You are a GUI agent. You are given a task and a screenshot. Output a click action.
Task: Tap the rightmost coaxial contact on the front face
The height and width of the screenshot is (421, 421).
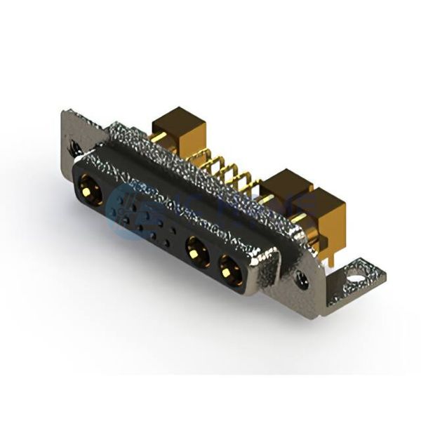[x=229, y=267]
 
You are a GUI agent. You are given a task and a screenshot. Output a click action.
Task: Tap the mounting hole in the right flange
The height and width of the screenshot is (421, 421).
[x=302, y=280]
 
